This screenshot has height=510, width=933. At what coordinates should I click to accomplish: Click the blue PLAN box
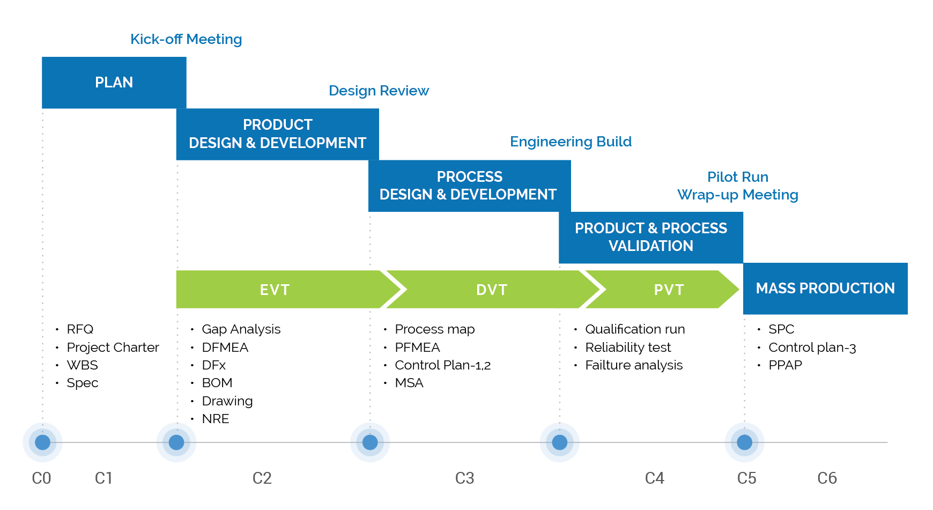coord(114,83)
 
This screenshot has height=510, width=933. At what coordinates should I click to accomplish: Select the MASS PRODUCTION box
coord(825,289)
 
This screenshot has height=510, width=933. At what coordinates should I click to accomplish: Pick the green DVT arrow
coord(491,290)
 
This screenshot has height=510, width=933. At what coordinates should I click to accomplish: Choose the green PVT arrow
coord(668,290)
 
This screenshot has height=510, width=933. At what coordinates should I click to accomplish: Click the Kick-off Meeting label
coord(186,39)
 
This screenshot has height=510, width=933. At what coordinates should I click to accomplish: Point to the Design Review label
coord(379,91)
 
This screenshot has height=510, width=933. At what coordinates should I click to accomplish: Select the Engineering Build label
coord(571,142)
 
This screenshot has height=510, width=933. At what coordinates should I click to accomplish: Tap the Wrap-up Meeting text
coord(737,195)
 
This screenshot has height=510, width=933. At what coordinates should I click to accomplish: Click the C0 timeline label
coord(41,478)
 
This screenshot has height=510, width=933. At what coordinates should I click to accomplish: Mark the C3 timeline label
coord(464,478)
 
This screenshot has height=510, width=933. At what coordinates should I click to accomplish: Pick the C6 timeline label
coord(827,478)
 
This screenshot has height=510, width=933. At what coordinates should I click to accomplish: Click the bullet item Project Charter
coord(113,348)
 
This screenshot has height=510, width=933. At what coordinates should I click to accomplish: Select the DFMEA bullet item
coord(225,348)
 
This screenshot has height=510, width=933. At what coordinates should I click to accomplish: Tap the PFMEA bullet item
coord(417,348)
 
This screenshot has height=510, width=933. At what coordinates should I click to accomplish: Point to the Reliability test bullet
coord(628,348)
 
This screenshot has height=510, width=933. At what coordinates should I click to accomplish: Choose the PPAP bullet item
coord(785,365)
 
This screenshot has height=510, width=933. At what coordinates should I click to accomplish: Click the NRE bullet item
coord(216,419)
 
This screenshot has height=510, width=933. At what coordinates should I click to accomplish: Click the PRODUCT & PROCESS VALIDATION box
coord(650,237)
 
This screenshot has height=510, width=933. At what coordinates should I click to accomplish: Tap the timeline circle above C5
coord(744,442)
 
